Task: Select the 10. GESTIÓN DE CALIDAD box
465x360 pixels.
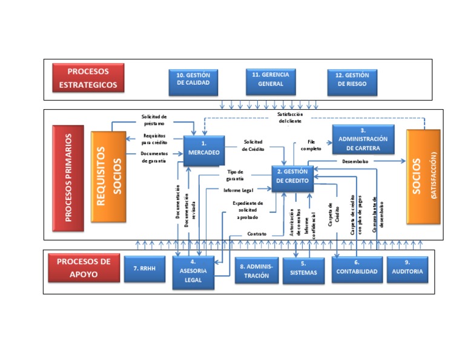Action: pos(193,82)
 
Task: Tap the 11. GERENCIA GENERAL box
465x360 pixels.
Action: pos(271,79)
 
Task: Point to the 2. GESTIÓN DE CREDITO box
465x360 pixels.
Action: pos(292,178)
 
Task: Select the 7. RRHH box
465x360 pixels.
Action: pos(145,269)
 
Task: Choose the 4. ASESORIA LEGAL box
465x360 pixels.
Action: pos(193,271)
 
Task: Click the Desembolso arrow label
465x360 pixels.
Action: pos(356,162)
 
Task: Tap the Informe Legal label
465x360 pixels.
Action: pos(238,190)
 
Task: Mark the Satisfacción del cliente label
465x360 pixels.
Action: pos(290,118)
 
